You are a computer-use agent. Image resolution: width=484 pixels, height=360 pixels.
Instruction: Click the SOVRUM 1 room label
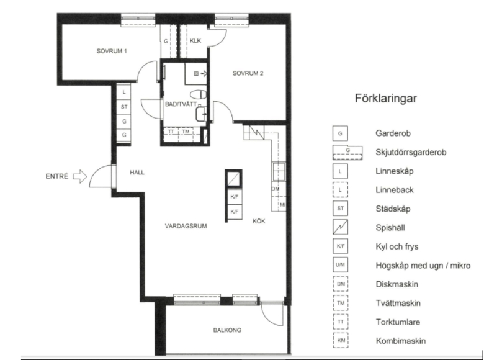pyautogui.click(x=112, y=52)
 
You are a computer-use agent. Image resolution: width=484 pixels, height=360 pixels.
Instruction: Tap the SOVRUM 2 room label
pyautogui.click(x=248, y=73)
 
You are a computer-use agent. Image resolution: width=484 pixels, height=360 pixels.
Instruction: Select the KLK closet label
pyautogui.click(x=195, y=41)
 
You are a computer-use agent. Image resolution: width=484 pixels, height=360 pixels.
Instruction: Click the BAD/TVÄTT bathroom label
pyautogui.click(x=181, y=104)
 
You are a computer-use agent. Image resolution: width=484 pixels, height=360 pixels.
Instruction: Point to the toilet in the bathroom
pyautogui.click(x=198, y=94)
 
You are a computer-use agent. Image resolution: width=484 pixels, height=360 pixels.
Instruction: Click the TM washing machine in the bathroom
pyautogui.click(x=186, y=132)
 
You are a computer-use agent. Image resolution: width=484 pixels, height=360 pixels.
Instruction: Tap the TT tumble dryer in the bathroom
pyautogui.click(x=171, y=132)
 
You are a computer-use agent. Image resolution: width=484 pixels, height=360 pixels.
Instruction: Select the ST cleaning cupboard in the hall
pyautogui.click(x=124, y=107)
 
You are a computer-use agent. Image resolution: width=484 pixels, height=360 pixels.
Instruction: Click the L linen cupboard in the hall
pyautogui.click(x=124, y=92)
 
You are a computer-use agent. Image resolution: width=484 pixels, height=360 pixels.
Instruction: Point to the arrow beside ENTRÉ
pyautogui.click(x=80, y=176)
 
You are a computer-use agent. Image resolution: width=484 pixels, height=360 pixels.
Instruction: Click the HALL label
pyautogui.click(x=137, y=173)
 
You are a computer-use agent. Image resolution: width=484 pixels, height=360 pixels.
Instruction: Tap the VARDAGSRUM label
pyautogui.click(x=186, y=226)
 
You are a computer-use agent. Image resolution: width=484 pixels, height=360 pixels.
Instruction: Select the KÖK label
pyautogui.click(x=259, y=221)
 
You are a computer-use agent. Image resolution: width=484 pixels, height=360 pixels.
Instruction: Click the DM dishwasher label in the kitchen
pyautogui.click(x=276, y=189)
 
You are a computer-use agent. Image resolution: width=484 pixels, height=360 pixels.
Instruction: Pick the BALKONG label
pyautogui.click(x=227, y=330)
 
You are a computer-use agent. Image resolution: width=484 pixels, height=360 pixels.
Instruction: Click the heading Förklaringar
pyautogui.click(x=385, y=99)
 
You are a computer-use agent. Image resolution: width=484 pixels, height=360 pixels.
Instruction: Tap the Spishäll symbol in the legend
pyautogui.click(x=340, y=227)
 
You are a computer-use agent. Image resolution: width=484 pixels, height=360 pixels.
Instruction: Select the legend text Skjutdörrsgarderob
pyautogui.click(x=411, y=152)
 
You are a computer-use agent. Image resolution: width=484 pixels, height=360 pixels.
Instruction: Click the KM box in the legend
pyautogui.click(x=341, y=340)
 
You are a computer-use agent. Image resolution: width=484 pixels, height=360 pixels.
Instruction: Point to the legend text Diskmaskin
pyautogui.click(x=397, y=284)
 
